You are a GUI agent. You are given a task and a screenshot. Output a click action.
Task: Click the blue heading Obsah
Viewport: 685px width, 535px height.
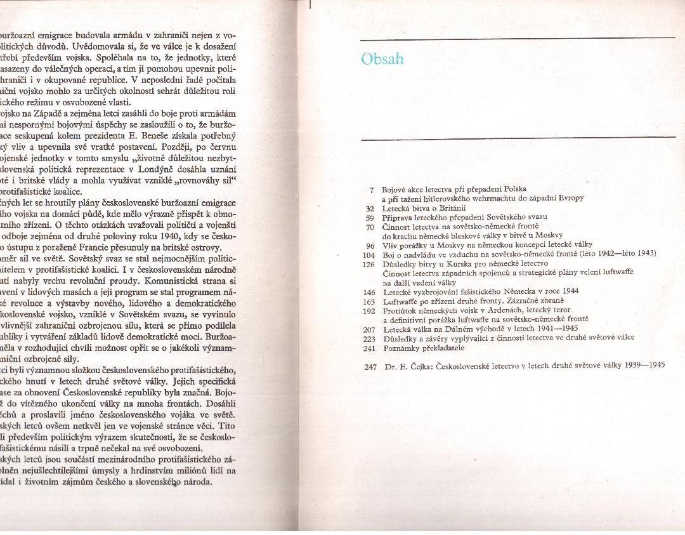(x=382, y=59)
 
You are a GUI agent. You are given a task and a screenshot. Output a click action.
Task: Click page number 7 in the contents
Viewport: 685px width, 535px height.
(x=372, y=190)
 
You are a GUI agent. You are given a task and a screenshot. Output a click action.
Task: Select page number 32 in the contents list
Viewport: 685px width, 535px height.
(x=370, y=208)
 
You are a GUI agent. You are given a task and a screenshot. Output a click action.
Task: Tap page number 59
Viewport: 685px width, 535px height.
(x=370, y=217)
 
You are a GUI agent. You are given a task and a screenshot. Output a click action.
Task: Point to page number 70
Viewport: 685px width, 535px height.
(x=370, y=227)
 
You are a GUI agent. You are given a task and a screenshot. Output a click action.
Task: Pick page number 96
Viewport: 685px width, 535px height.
(x=370, y=245)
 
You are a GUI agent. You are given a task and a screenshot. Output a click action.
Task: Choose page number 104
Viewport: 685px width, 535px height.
(x=369, y=254)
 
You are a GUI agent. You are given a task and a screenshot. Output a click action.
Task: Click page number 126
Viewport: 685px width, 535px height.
(x=369, y=263)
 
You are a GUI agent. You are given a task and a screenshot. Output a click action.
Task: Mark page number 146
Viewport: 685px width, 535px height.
(x=369, y=291)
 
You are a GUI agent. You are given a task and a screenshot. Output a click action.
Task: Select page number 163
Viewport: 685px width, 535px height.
(x=369, y=301)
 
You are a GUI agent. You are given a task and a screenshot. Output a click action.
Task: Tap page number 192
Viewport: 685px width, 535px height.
(x=369, y=310)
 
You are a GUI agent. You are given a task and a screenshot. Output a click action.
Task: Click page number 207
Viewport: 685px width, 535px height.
(x=369, y=329)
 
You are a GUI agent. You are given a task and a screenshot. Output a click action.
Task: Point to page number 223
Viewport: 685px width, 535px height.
(x=369, y=338)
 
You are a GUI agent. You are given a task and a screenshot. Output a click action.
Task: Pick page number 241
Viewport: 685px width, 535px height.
(x=369, y=348)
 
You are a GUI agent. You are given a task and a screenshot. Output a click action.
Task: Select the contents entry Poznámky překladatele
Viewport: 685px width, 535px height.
(x=424, y=348)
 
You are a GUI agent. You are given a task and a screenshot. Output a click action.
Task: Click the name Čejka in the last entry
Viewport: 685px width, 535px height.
(x=419, y=366)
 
